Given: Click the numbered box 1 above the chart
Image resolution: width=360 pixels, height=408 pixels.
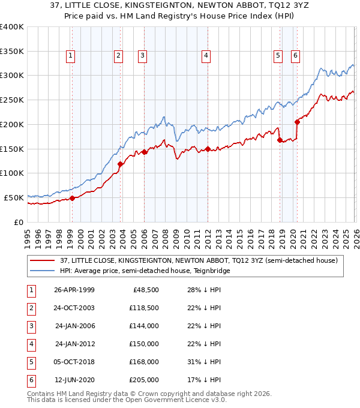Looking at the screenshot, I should point(71,56).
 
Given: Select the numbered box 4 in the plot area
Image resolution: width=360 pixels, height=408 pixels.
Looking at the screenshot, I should point(206,56).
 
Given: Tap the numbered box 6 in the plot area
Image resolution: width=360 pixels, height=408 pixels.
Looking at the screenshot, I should point(296,56).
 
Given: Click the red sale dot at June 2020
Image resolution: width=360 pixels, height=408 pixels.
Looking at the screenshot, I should point(297,122).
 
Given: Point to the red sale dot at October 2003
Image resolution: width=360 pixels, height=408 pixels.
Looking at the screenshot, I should point(121,164).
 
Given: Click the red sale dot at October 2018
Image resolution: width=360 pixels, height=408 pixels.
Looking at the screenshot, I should point(280,140).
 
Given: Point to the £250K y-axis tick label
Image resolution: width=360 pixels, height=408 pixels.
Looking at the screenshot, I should point(12,100).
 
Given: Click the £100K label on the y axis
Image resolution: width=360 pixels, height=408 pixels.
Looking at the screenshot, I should point(12,173).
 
